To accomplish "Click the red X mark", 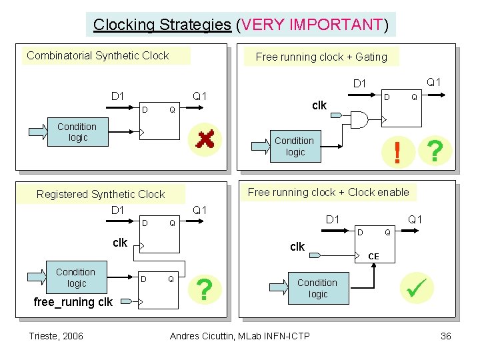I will (204, 139).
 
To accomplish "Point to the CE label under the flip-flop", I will (373, 256).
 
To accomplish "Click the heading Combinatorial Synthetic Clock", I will (98, 55).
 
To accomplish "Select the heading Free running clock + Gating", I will (321, 57).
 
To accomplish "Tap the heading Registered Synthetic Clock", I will (101, 194).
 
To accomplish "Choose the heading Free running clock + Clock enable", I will (329, 192).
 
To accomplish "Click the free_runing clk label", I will (73, 302).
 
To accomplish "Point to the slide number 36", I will (446, 335).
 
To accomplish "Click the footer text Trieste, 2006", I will (56, 335).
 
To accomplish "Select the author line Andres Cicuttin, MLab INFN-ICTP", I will (240, 335).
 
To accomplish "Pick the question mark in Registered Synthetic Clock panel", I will (207, 289).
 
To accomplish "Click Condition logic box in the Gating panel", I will (295, 147).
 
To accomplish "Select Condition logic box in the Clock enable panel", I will (317, 288).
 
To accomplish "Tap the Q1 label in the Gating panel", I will (434, 82).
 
